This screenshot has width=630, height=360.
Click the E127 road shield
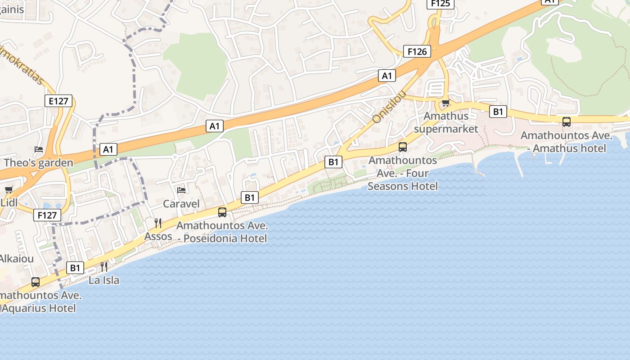(x=59, y=101)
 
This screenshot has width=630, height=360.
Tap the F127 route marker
(x=47, y=216)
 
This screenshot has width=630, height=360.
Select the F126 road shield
(x=417, y=51)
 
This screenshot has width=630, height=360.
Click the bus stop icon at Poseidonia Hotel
(x=222, y=212)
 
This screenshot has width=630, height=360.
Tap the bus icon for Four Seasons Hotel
(x=403, y=147)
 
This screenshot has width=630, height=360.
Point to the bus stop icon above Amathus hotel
(x=567, y=122)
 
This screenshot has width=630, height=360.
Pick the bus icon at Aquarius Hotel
(x=36, y=282)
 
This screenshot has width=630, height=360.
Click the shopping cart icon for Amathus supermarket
(x=445, y=103)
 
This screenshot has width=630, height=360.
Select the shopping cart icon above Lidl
(x=9, y=190)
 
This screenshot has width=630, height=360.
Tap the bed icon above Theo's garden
(x=39, y=149)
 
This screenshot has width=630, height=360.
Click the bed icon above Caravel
(x=181, y=190)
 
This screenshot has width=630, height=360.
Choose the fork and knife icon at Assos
(x=158, y=223)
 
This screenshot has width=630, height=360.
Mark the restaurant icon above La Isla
(x=104, y=266)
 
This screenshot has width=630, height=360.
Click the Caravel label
(x=181, y=204)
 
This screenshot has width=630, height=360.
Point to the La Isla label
(x=104, y=280)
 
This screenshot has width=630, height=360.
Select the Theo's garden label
(x=38, y=163)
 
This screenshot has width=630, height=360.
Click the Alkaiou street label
(x=16, y=259)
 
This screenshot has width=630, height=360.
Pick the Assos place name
(x=158, y=236)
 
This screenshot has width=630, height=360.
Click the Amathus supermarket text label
(x=445, y=122)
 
